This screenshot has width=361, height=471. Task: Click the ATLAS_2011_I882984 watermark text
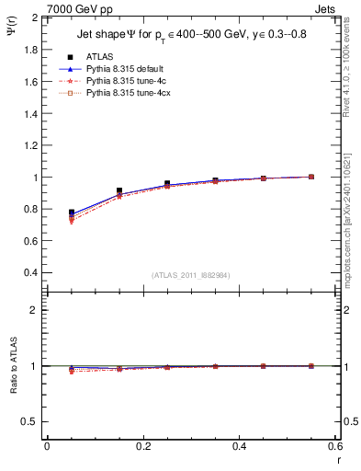click(x=190, y=275)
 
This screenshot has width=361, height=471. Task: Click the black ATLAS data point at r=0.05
click(x=72, y=213)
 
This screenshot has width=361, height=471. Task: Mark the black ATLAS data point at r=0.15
click(x=119, y=190)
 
